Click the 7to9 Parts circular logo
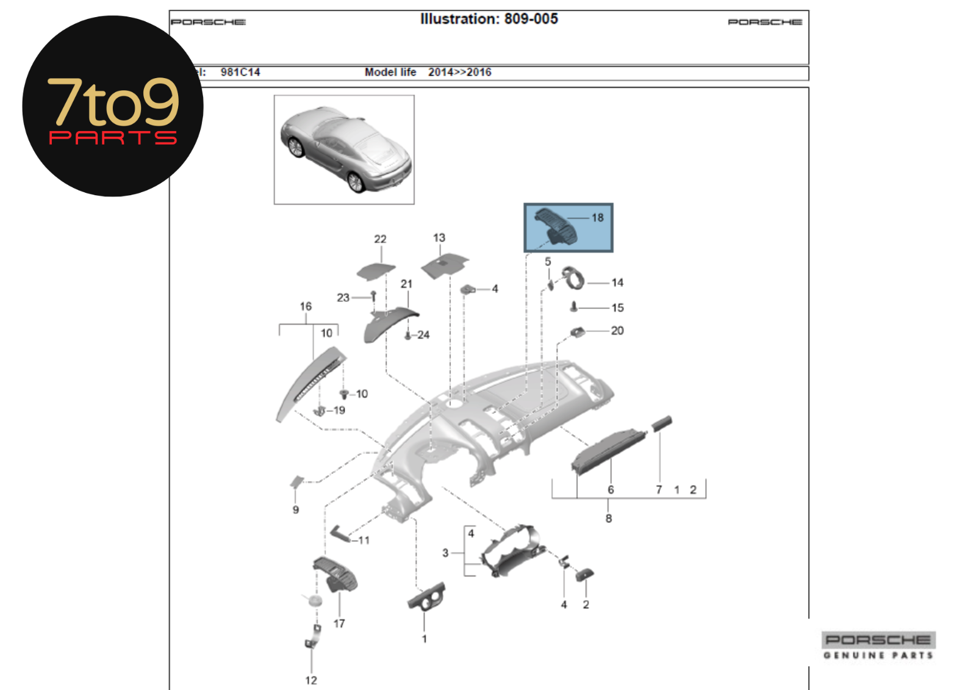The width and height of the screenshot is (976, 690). click(113, 106)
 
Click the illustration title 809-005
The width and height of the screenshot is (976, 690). click(489, 19)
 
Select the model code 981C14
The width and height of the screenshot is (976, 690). click(240, 72)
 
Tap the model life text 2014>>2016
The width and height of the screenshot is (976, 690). click(459, 72)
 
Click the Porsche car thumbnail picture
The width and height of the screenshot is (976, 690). click(344, 149)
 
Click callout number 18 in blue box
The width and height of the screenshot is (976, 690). click(597, 217)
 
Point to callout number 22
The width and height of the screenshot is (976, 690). click(380, 239)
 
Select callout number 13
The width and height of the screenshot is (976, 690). click(439, 238)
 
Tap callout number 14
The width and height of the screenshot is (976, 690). click(617, 282)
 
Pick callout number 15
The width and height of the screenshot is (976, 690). click(617, 307)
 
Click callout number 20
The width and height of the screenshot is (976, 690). click(617, 331)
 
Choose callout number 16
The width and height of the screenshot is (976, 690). click(306, 306)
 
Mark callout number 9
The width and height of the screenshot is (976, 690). click(296, 509)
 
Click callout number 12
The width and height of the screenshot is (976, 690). click(311, 680)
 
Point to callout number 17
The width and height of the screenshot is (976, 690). click(339, 624)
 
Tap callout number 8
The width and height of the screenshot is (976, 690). click(608, 519)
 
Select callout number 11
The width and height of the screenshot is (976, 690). click(364, 540)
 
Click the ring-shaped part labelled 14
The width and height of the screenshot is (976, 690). click(573, 278)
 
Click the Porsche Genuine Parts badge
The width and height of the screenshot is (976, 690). click(878, 645)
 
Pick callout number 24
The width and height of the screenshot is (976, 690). click(423, 335)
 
